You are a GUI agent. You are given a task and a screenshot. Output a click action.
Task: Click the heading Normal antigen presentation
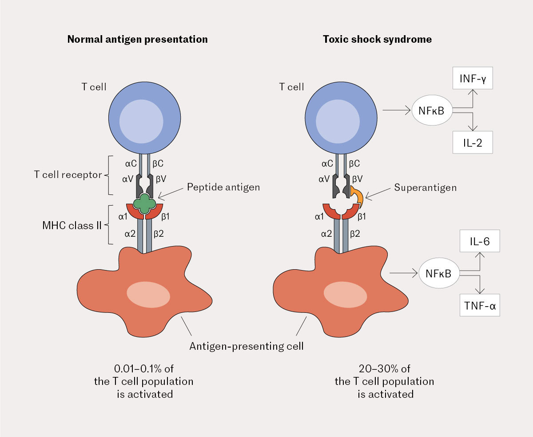137,39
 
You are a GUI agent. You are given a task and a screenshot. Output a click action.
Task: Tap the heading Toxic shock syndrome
377,39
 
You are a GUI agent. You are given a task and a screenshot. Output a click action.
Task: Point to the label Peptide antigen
223,187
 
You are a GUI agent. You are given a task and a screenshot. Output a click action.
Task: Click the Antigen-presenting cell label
247,345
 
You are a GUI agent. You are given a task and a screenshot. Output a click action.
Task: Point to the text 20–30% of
384,369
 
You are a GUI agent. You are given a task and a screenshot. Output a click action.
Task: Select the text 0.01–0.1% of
145,369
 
